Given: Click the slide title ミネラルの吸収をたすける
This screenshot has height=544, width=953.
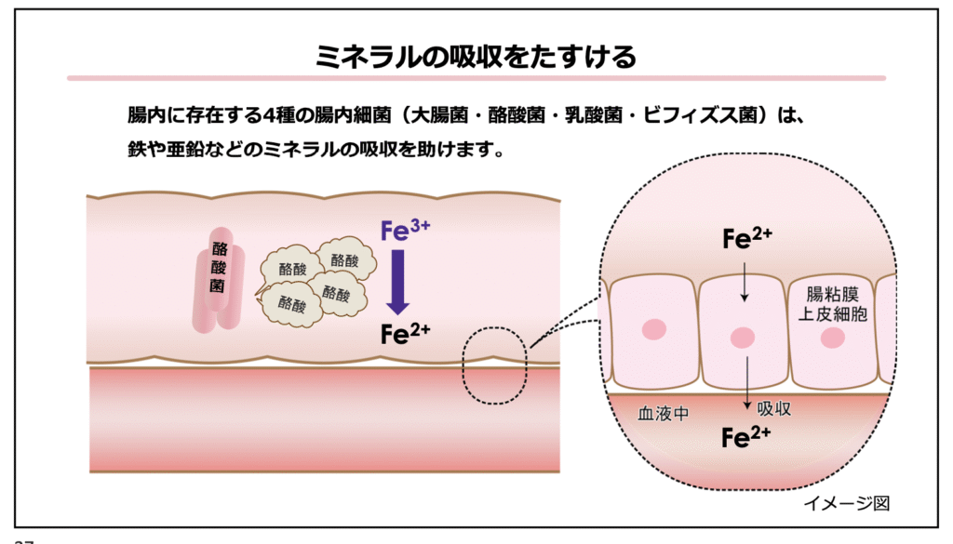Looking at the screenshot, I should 476,56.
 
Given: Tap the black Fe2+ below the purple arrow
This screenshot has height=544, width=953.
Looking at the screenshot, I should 405,335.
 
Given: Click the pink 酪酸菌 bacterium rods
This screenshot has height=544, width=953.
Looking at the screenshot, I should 219,279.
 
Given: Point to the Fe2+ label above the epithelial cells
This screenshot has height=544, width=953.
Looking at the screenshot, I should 747,239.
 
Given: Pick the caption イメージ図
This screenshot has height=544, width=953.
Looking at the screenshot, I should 847,503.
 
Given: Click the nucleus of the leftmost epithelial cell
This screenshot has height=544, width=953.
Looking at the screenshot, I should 654,330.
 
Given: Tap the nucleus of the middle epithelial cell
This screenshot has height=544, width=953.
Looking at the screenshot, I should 742,337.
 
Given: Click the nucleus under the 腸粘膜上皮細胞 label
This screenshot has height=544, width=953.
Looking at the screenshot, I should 832,338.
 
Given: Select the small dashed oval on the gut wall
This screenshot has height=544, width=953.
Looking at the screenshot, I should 494,365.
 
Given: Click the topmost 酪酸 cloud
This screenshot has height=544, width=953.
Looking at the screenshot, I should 344,260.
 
